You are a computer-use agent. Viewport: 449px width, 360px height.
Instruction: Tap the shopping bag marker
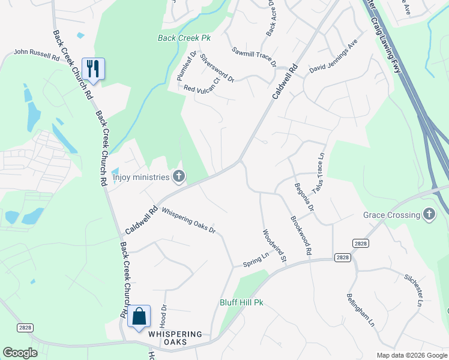pyautogui.click(x=139, y=316)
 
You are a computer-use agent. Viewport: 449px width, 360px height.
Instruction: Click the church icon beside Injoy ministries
pyautogui.click(x=178, y=176)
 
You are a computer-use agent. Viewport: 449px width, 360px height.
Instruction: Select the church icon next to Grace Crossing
pyautogui.click(x=429, y=214)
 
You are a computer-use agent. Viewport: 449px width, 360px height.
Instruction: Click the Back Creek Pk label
pyautogui.click(x=184, y=38)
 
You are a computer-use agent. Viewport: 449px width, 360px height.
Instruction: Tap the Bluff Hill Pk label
pyautogui.click(x=242, y=303)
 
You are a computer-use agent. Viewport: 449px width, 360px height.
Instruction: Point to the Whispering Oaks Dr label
pyautogui.click(x=188, y=221)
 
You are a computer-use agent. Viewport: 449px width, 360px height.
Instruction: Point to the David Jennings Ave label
pyautogui.click(x=333, y=61)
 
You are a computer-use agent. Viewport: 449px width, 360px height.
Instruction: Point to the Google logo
pyautogui.click(x=20, y=353)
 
